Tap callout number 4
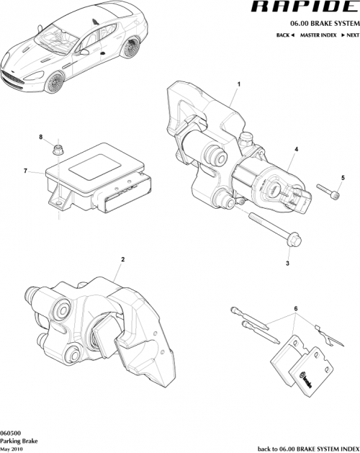coord(295,150)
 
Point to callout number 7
coord(25,171)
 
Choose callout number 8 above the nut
coord(41,137)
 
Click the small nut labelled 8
coord(57,150)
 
